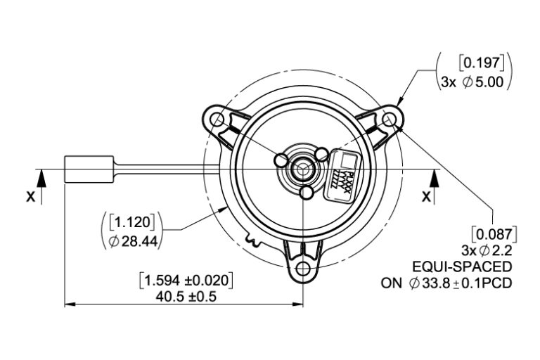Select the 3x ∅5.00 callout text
coord(472,82)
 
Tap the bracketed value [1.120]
coord(134,223)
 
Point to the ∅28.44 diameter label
coord(134,241)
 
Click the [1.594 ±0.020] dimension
coord(186,279)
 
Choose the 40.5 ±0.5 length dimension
coord(186,296)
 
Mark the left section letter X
coord(31,198)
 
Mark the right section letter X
coord(426,198)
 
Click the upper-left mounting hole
coord(217,122)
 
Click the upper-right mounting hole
coord(390,121)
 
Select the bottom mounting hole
coord(304,269)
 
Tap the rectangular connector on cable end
coord(89,169)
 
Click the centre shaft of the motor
coord(304,169)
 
